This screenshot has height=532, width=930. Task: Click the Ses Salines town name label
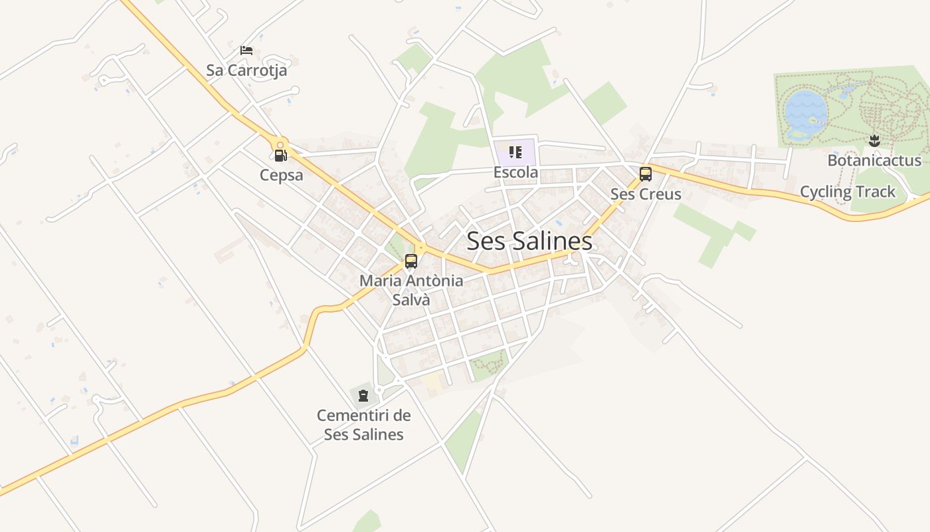tap(529, 241)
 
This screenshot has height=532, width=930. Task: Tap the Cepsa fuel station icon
tap(280, 156)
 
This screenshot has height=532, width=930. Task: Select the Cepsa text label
tap(282, 176)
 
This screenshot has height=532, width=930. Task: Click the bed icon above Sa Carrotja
tap(246, 51)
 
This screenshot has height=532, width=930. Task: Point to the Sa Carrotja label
tap(246, 70)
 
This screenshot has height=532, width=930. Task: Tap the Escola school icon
tap(515, 153)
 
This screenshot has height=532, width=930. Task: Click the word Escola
tap(515, 173)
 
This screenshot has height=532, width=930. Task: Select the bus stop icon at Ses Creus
tap(645, 174)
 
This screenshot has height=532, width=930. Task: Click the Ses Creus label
tap(646, 194)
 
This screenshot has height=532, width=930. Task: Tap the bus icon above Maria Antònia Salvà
tap(411, 261)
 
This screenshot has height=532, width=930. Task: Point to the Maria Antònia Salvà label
tap(411, 290)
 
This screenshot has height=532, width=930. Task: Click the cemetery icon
tap(363, 396)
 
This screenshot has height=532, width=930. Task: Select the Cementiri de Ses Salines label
tap(363, 425)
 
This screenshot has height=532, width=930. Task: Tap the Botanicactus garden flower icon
tap(874, 140)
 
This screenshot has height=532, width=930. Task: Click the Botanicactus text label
tap(874, 160)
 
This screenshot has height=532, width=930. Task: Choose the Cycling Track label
tap(848, 192)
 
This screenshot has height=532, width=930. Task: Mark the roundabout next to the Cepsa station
tap(281, 143)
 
